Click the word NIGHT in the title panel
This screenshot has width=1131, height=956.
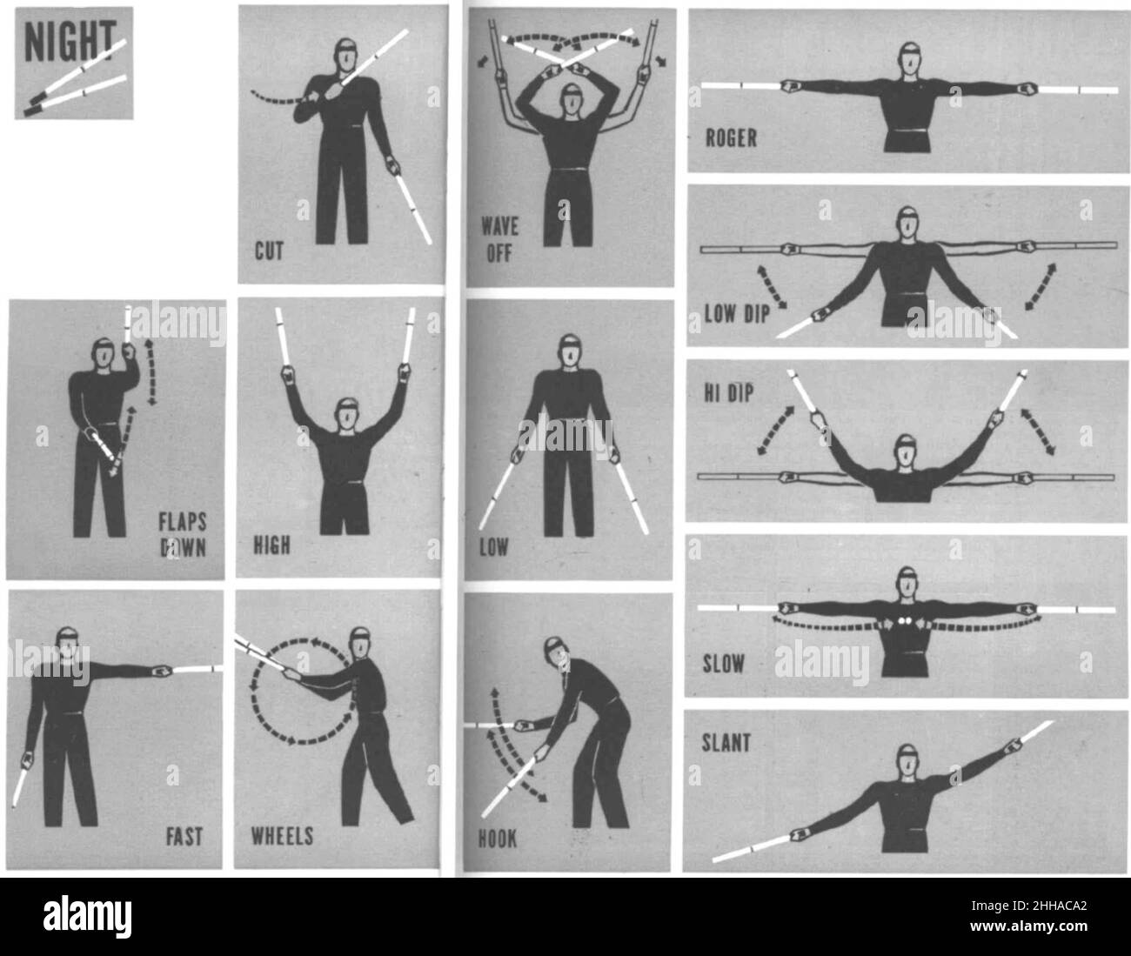[70, 41]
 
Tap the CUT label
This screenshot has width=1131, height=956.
[269, 251]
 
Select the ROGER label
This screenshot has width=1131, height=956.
[731, 138]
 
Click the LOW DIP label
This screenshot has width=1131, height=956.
[737, 314]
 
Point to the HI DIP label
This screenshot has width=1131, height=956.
[728, 393]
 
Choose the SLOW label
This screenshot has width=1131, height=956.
[723, 664]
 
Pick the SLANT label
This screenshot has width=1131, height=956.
[726, 743]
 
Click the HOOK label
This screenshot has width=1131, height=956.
[498, 839]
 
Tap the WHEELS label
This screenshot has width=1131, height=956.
[283, 836]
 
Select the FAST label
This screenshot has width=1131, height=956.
[184, 836]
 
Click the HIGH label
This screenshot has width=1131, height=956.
[272, 545]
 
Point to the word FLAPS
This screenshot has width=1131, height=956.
[183, 522]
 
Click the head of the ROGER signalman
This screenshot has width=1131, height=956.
[909, 58]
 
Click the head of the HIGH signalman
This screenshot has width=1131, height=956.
[346, 414]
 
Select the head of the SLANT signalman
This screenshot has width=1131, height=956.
[907, 759]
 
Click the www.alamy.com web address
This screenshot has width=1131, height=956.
[1028, 926]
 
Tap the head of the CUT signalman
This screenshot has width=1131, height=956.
[345, 55]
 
